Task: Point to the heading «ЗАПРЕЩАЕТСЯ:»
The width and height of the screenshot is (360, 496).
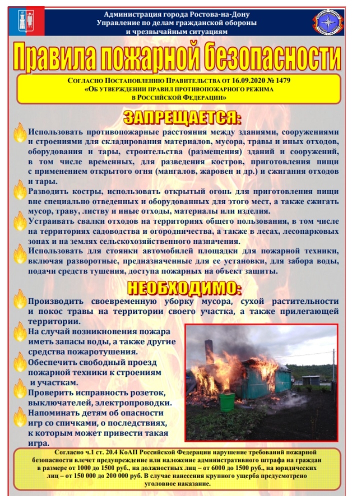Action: coord(182,118)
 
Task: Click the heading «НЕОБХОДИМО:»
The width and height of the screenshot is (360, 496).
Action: coord(184,288)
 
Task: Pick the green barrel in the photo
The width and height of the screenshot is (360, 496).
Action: coord(227,402)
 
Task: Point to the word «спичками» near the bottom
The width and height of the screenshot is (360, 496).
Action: coord(67,423)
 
